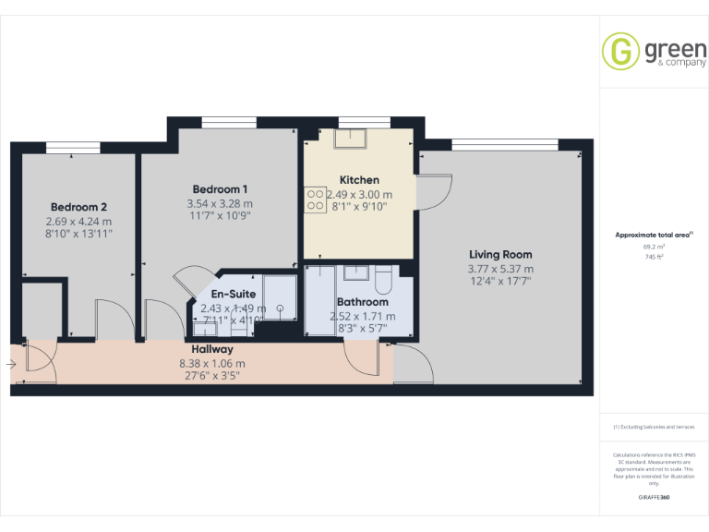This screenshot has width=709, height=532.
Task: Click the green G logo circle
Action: [x=620, y=51]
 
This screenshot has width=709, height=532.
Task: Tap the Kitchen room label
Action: [x=359, y=180]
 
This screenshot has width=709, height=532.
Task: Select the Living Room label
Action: [x=500, y=255]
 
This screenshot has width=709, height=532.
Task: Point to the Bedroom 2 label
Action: [x=78, y=207]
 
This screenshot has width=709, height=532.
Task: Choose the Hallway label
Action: [x=212, y=350]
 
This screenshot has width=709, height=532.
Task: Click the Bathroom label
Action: [x=362, y=302]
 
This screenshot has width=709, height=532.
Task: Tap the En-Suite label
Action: [x=234, y=294]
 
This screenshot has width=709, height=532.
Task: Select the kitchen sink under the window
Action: [x=351, y=138]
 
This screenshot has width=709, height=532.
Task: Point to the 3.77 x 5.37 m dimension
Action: [x=500, y=269]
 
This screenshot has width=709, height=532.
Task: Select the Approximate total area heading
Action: [x=653, y=236]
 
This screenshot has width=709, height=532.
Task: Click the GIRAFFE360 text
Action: [x=654, y=498]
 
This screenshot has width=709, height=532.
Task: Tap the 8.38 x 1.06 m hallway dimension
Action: [x=212, y=363]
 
